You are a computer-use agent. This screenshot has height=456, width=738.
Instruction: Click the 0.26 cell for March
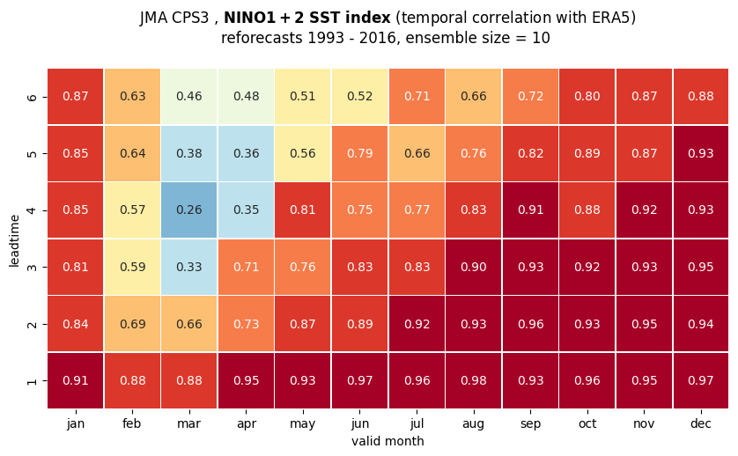tap(189, 210)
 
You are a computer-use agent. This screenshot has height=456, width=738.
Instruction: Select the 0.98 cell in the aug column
tap(474, 380)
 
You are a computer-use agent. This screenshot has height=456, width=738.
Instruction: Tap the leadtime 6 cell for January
tap(76, 97)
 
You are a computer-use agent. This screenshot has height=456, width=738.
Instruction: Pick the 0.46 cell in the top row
tap(189, 97)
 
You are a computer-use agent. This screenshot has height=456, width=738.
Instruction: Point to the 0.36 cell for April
tap(247, 153)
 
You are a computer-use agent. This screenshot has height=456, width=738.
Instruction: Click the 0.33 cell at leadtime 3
tap(189, 267)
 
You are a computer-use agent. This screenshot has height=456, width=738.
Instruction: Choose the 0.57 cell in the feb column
tap(132, 210)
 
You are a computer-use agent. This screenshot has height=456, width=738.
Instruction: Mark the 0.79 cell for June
tap(360, 153)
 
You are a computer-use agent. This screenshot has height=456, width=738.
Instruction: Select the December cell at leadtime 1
tap(701, 380)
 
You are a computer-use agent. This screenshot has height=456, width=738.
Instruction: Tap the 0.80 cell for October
tap(587, 97)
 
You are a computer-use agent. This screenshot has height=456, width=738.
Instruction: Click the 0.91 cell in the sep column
tap(530, 210)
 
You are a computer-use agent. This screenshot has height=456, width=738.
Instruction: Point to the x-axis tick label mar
tap(189, 423)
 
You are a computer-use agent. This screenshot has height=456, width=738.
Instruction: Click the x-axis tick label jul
tap(417, 423)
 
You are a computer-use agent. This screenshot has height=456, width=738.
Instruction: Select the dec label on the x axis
tap(701, 423)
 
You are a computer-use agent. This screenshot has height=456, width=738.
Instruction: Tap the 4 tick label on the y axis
tap(32, 210)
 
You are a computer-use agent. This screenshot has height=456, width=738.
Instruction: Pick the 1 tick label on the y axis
tap(32, 380)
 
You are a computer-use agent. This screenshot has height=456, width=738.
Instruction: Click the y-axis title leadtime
tap(14, 240)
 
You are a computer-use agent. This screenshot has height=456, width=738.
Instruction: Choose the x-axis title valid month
tap(387, 441)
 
